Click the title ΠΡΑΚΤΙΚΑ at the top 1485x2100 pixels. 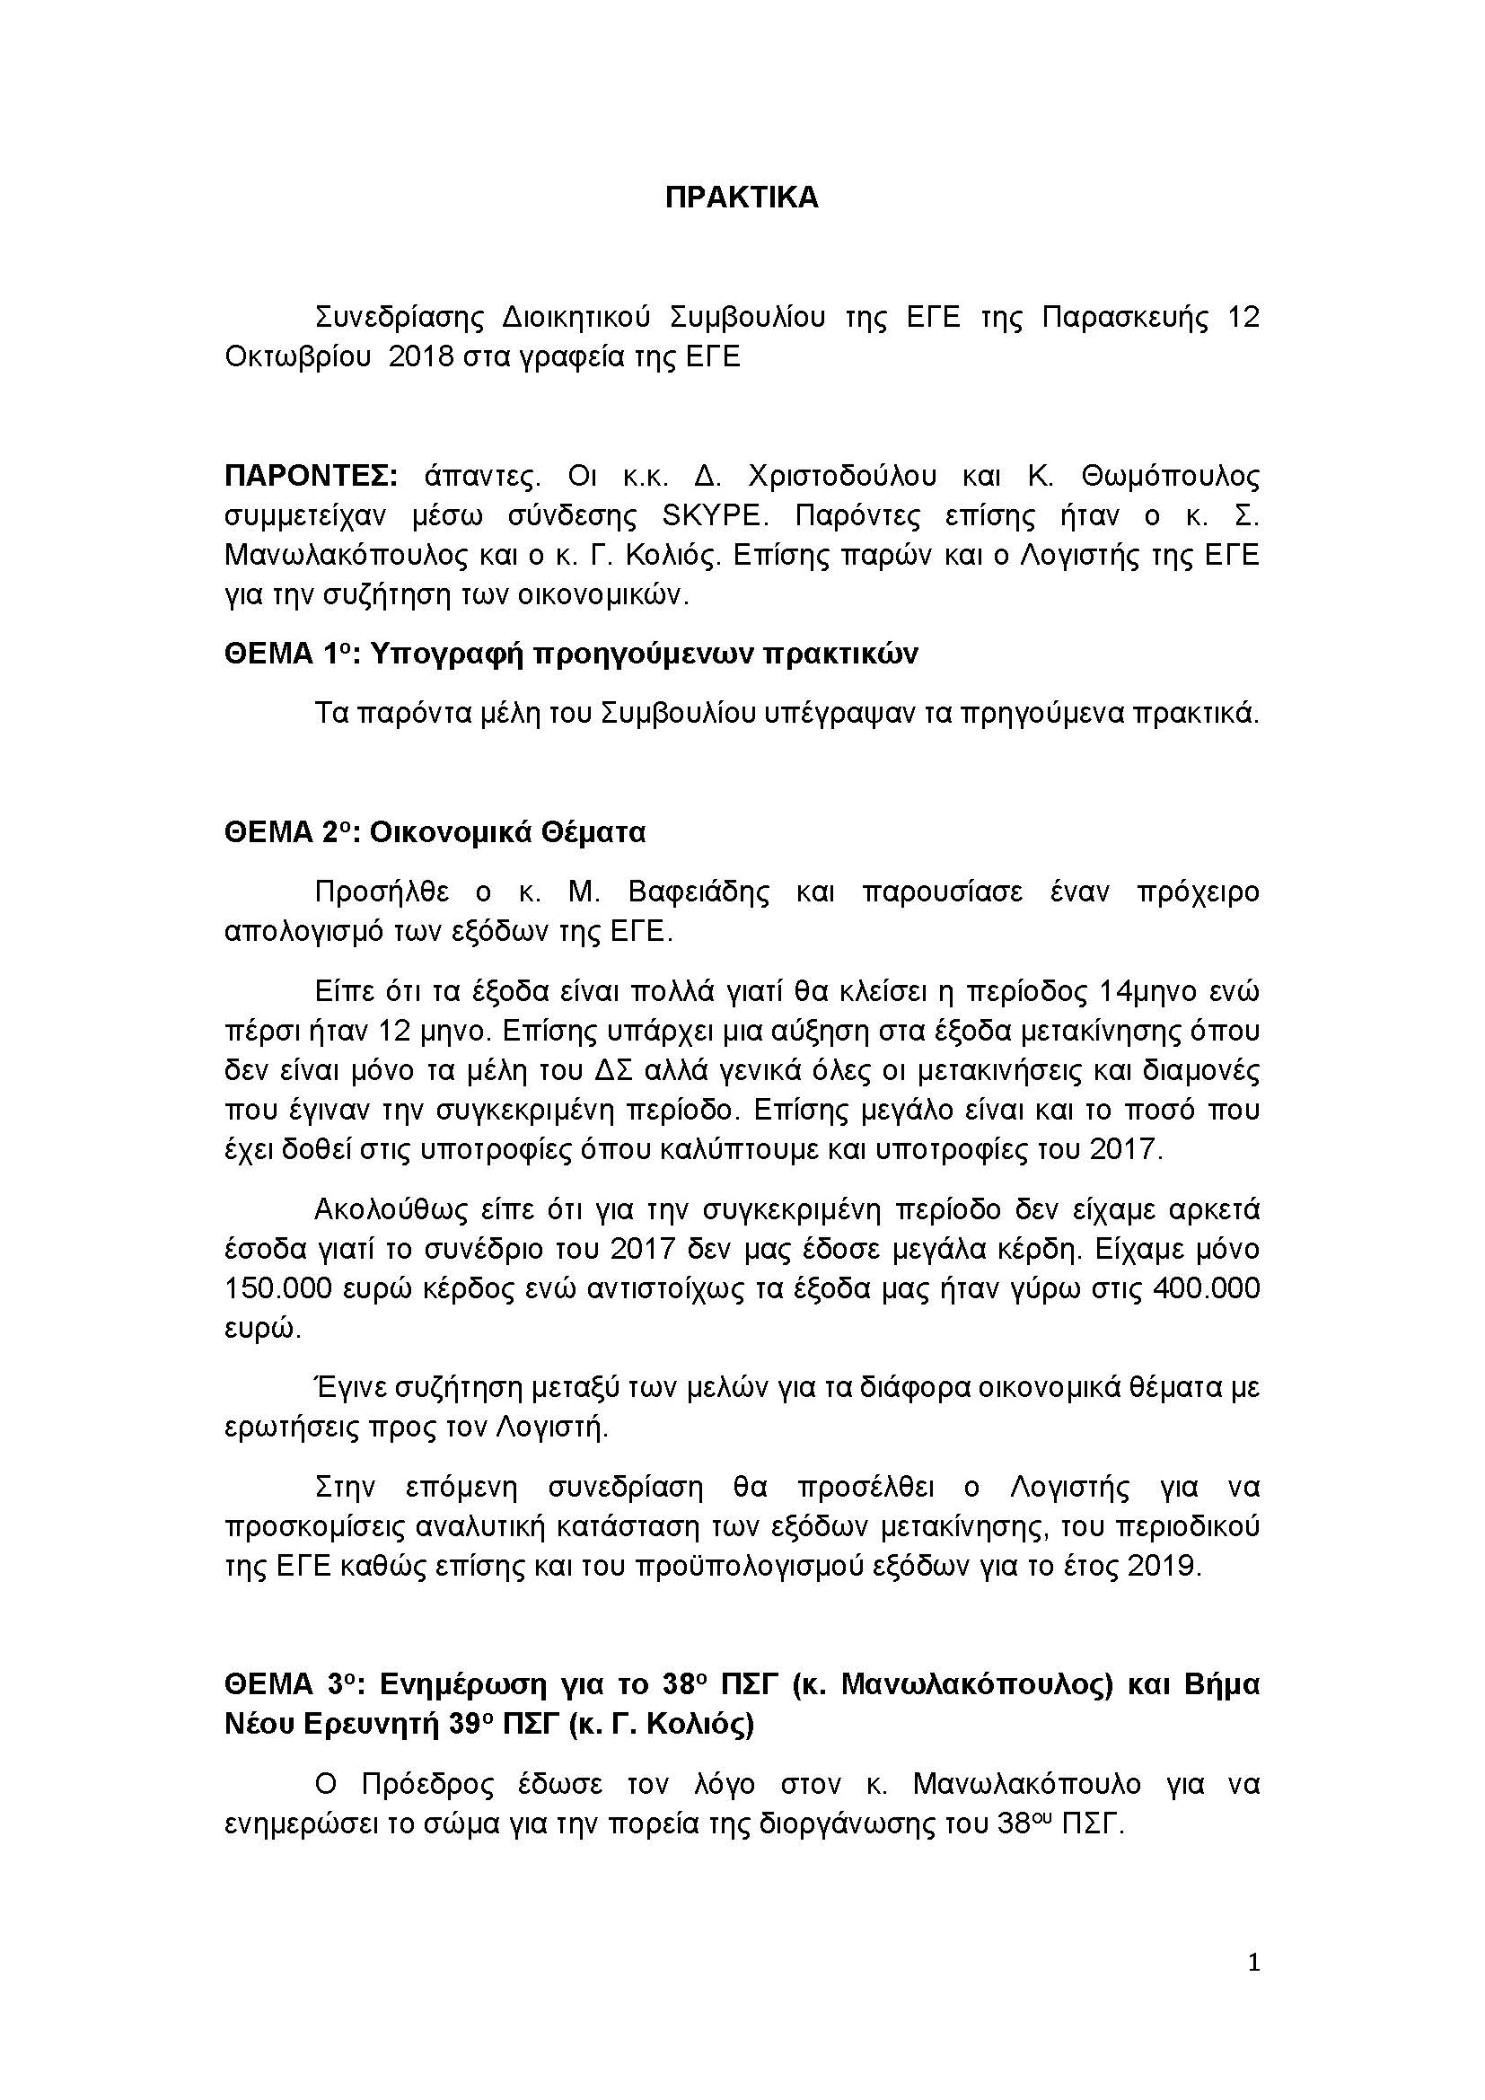click(742, 198)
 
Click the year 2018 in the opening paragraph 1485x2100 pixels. click(420, 356)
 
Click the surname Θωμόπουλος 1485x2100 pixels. click(1171, 476)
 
